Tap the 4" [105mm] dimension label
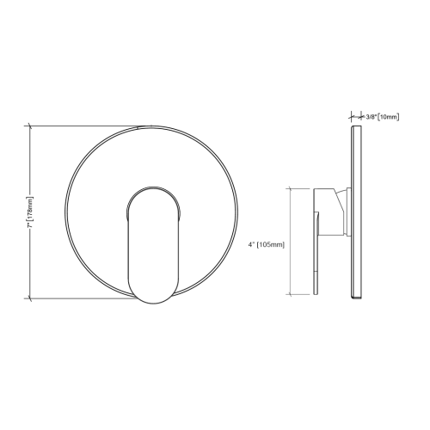coord(265,244)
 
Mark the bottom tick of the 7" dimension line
coord(32,298)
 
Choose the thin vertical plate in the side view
coord(354,212)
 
